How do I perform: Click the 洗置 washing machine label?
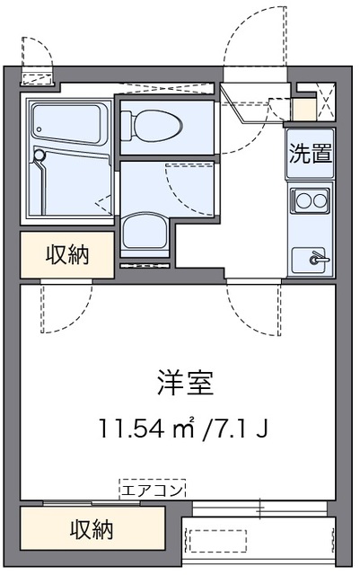310,153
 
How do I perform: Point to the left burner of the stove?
303,199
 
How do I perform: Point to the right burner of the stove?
320,199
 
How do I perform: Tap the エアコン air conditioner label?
153,490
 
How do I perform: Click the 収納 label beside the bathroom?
67,255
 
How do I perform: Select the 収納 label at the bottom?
92,530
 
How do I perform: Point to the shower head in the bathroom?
39,157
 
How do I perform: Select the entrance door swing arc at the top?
256,36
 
